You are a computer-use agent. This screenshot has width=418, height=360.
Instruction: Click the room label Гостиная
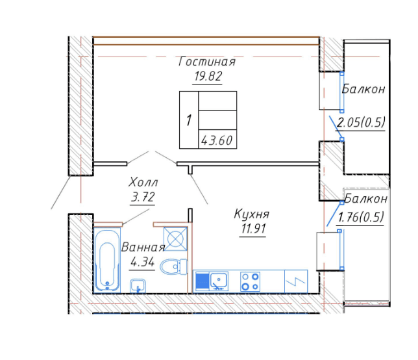(207, 62)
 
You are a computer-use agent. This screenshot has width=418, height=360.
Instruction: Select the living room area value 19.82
(208, 76)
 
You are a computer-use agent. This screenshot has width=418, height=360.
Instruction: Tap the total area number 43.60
(217, 140)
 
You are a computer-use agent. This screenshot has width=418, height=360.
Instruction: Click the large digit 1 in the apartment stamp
(189, 120)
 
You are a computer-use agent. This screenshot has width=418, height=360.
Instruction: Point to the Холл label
(143, 183)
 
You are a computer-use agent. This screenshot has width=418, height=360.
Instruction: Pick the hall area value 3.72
(143, 197)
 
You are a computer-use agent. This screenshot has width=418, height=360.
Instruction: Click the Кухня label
(252, 214)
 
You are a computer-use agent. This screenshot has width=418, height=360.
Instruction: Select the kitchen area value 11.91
(253, 229)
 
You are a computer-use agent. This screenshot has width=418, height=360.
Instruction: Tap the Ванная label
(143, 248)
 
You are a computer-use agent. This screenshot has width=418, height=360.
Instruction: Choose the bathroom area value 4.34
(142, 262)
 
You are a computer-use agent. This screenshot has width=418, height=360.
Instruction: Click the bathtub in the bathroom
(107, 261)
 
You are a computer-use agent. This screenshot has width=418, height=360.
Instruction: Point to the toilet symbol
(173, 266)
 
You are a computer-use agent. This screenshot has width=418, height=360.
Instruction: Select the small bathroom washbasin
(138, 286)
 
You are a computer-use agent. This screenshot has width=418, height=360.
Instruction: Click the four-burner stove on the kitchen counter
(250, 281)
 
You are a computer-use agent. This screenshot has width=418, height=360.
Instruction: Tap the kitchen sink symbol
(219, 281)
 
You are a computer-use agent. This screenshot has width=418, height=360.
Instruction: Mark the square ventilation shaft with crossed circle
(175, 239)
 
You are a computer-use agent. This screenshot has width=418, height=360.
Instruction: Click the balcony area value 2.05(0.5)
(361, 123)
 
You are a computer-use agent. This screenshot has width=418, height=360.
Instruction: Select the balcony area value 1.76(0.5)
(361, 218)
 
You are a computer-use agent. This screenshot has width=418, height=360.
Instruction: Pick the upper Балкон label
(363, 89)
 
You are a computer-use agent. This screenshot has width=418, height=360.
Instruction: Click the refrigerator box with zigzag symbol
(296, 281)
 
